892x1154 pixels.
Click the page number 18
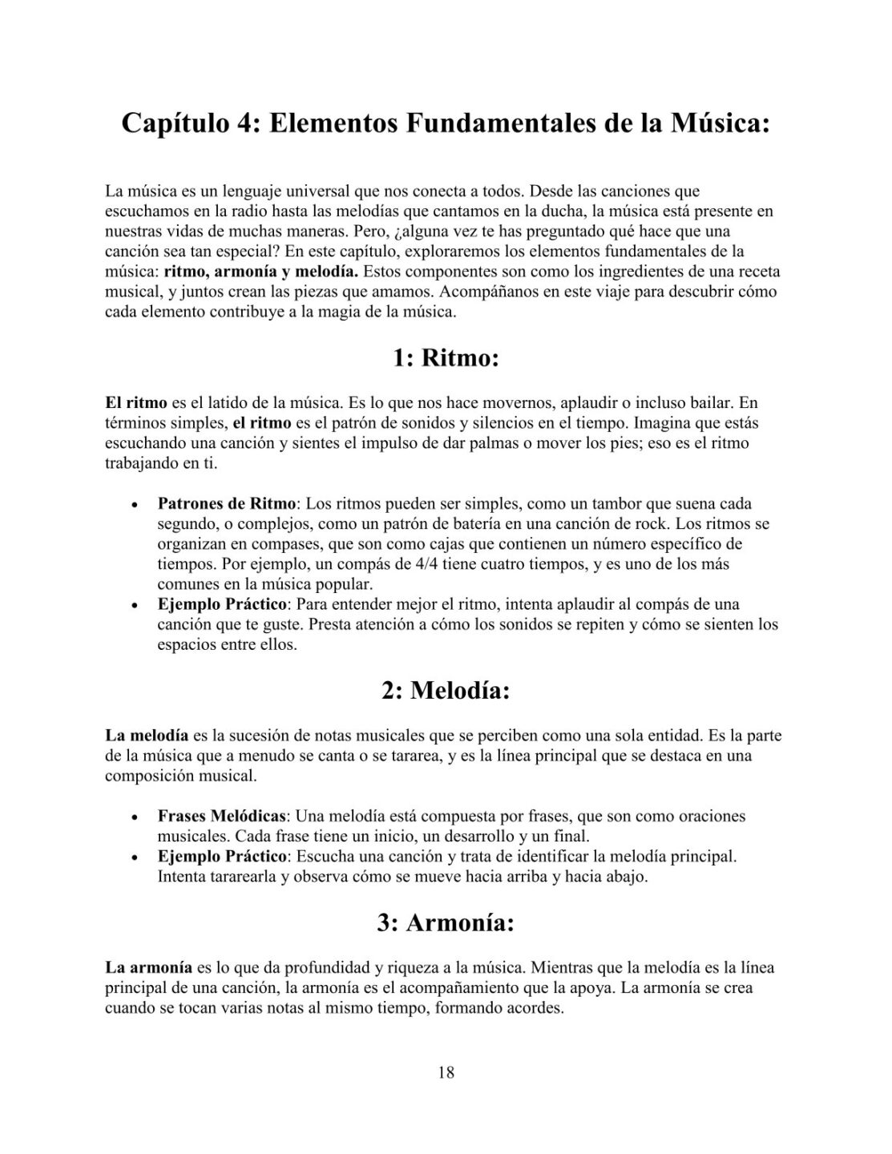tap(446, 1073)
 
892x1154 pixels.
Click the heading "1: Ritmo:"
tap(446, 357)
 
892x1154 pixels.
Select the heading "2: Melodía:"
tap(446, 690)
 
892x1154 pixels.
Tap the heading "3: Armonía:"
tap(446, 922)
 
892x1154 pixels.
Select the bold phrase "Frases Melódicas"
tap(222, 817)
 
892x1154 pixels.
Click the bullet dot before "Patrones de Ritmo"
tap(135, 506)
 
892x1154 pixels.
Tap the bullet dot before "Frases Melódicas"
tap(135, 818)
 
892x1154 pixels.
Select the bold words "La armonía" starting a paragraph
tap(149, 968)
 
